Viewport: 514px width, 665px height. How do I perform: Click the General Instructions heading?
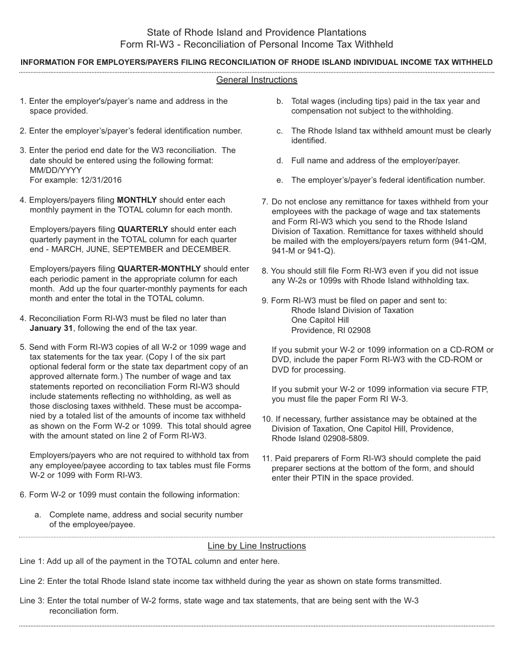pyautogui.click(x=256, y=80)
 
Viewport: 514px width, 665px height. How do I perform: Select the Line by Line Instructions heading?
pyautogui.click(x=256, y=546)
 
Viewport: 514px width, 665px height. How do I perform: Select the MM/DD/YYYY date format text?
pyautogui.click(x=56, y=170)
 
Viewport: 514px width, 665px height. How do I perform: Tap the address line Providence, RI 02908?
pyautogui.click(x=331, y=330)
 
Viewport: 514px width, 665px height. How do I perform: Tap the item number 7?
pyautogui.click(x=265, y=202)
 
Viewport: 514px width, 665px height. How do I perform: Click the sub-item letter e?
pyautogui.click(x=279, y=180)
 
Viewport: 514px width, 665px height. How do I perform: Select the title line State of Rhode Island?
pyautogui.click(x=256, y=32)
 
